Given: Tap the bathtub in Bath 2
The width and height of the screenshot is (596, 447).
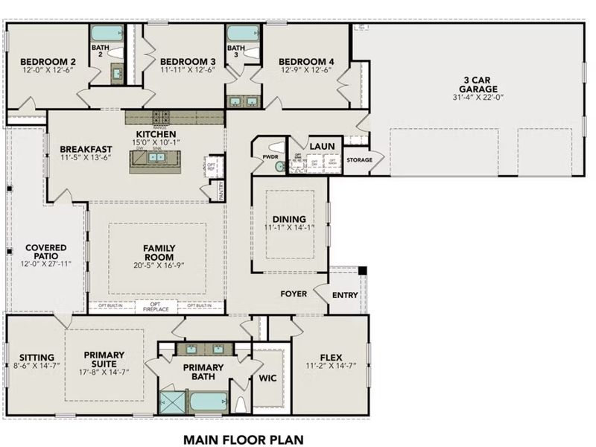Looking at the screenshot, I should pyautogui.click(x=102, y=34).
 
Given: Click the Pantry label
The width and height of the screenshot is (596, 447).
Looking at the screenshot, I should pyautogui.click(x=221, y=191).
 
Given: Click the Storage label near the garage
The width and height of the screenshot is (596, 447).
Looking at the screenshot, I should pyautogui.click(x=359, y=159).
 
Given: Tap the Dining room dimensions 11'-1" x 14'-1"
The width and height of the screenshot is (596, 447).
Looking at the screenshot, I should pyautogui.click(x=290, y=228).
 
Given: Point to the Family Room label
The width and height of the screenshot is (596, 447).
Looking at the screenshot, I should pyautogui.click(x=158, y=252).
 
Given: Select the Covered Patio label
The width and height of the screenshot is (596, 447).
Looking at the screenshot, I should pyautogui.click(x=45, y=252).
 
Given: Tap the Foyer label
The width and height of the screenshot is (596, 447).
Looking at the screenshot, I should pyautogui.click(x=294, y=294).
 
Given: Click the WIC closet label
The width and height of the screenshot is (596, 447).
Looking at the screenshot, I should pyautogui.click(x=267, y=378).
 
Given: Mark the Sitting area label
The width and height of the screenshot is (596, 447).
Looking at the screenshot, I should pyautogui.click(x=30, y=357).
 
